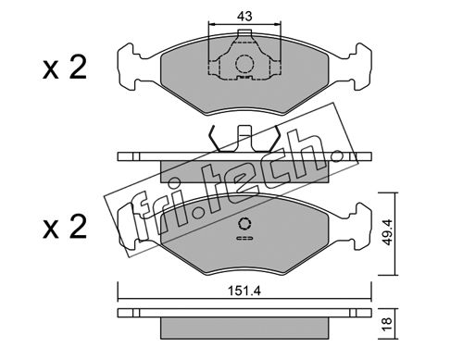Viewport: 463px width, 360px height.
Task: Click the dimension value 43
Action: pyautogui.click(x=244, y=16)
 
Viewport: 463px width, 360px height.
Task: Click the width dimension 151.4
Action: pyautogui.click(x=244, y=291)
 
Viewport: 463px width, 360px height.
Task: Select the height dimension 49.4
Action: pyautogui.click(x=387, y=232)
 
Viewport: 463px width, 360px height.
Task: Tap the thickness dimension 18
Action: pyautogui.click(x=387, y=323)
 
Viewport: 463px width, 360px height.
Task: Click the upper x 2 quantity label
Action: pyautogui.click(x=65, y=68)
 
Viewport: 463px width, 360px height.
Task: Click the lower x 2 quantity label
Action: pyautogui.click(x=65, y=228)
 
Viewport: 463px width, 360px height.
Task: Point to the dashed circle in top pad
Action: pyautogui.click(x=244, y=64)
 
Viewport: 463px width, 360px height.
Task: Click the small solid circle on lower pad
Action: pyautogui.click(x=244, y=224)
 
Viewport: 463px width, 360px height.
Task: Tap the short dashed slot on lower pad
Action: pyautogui.click(x=244, y=238)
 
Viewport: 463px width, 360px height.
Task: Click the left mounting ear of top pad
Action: pyautogui.click(x=128, y=68)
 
